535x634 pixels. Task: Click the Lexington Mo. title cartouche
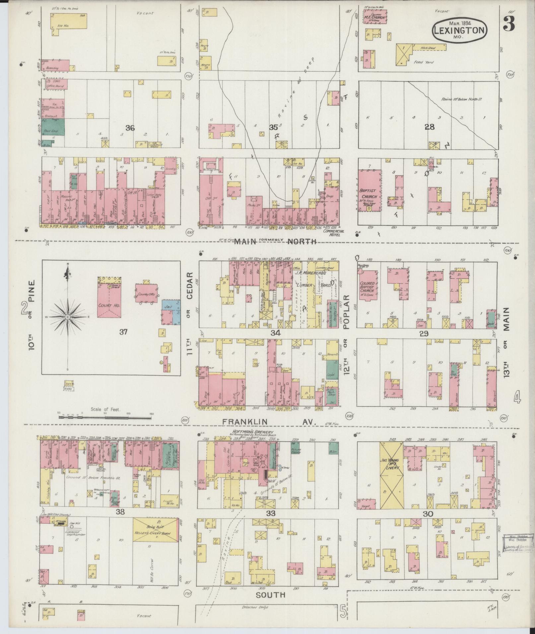point(459,31)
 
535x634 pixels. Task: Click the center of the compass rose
point(68,317)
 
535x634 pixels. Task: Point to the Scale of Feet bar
point(104,417)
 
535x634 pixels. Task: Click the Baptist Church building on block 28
point(369,191)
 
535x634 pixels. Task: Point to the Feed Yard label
point(423,62)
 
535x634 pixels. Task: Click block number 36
point(130,128)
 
